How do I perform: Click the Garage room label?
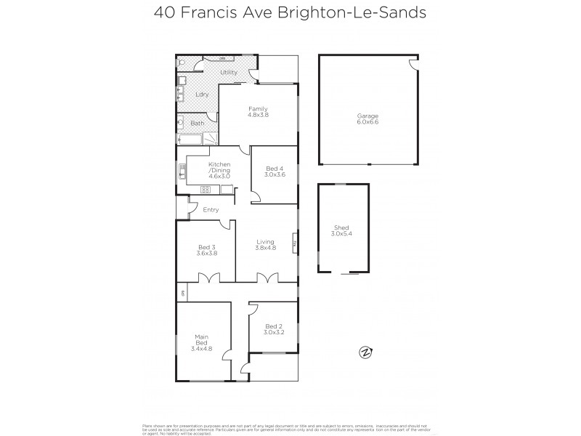pyautogui.click(x=367, y=116)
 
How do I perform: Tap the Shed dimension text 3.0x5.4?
pyautogui.click(x=341, y=234)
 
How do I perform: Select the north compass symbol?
pyautogui.click(x=365, y=352)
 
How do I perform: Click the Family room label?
pyautogui.click(x=258, y=109)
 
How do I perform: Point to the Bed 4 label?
pyautogui.click(x=275, y=169)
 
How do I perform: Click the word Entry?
pyautogui.click(x=211, y=210)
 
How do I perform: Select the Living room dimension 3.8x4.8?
pyautogui.click(x=265, y=248)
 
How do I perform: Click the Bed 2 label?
pyautogui.click(x=273, y=326)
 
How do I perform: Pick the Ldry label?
pyautogui.click(x=203, y=95)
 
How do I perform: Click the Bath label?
pyautogui.click(x=198, y=124)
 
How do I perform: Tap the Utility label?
pyautogui.click(x=229, y=73)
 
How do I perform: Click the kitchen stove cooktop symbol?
pyautogui.click(x=206, y=190)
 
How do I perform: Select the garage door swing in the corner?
pyautogui.click(x=413, y=65)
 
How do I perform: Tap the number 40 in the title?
pyautogui.click(x=164, y=12)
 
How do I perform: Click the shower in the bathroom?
pyautogui.click(x=210, y=139)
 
